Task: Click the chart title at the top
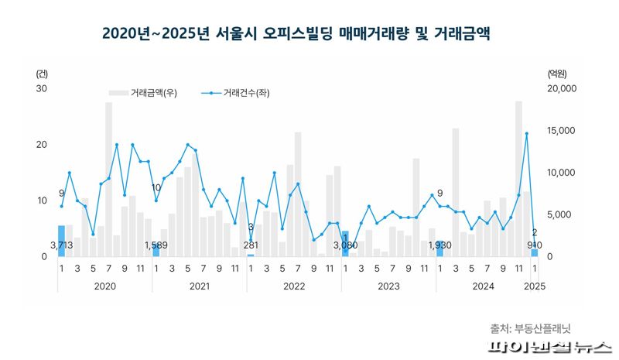(x=296, y=35)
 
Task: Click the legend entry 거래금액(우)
(x=155, y=94)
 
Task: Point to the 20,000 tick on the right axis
(x=557, y=89)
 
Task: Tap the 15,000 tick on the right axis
(x=557, y=131)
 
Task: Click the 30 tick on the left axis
(x=42, y=89)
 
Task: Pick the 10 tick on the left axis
(x=42, y=201)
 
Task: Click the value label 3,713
(x=61, y=245)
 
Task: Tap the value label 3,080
(x=345, y=245)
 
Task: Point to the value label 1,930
(x=439, y=245)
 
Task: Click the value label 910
(x=535, y=245)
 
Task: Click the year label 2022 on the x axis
(x=294, y=286)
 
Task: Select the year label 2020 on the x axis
(x=104, y=286)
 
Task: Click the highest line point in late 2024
(x=526, y=134)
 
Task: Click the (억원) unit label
(x=556, y=74)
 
